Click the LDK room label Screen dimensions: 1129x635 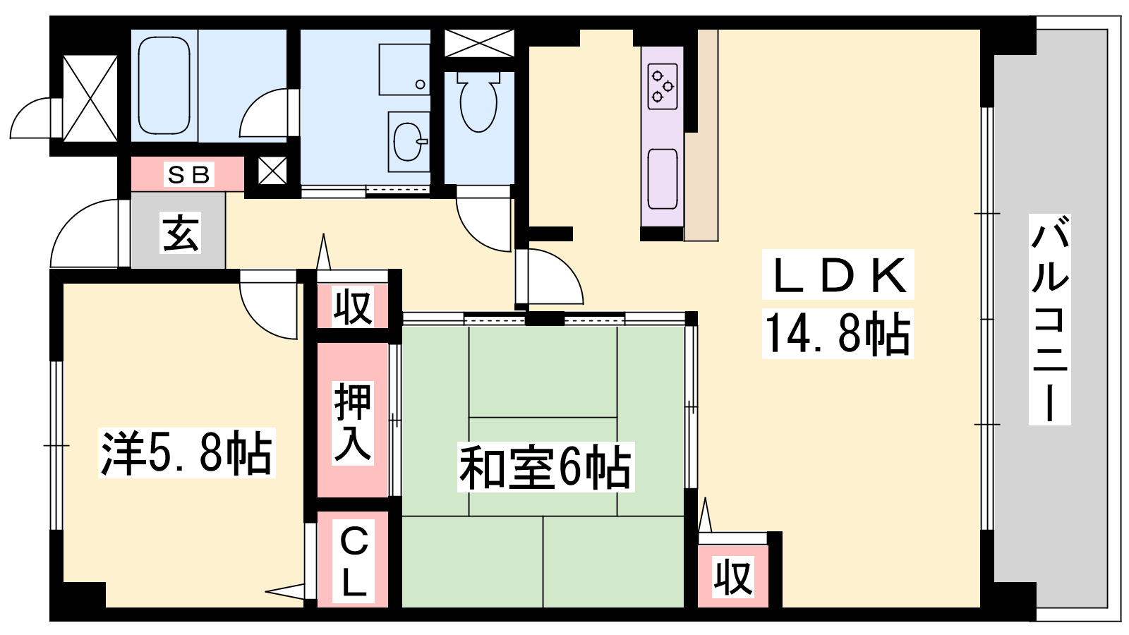(x=838, y=275)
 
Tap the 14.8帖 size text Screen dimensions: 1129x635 (x=838, y=333)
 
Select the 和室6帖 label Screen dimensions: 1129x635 (x=545, y=467)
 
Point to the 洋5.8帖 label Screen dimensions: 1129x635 (x=186, y=452)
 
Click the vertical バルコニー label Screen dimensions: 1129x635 (x=1050, y=320)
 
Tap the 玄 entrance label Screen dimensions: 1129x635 (x=181, y=232)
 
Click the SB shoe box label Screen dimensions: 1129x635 (x=188, y=174)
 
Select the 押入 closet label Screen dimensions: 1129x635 (x=354, y=422)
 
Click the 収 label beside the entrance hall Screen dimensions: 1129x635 (x=354, y=306)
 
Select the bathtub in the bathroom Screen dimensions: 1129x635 (x=164, y=86)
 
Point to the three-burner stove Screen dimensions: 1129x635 (x=663, y=87)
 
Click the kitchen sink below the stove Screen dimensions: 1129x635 (x=663, y=179)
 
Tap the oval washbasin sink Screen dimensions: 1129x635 (x=409, y=140)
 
